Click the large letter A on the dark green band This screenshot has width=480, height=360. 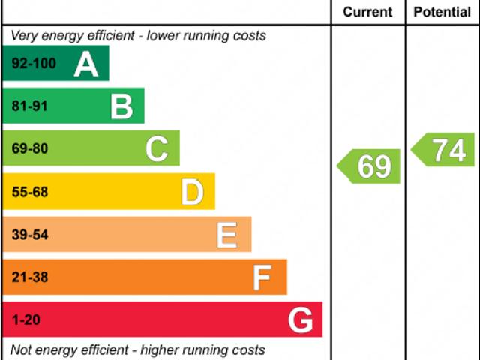(86, 64)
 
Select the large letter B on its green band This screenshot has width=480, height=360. (121, 106)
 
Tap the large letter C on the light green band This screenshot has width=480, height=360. (157, 149)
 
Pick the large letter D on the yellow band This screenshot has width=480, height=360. (192, 193)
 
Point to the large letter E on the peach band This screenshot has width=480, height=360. (227, 235)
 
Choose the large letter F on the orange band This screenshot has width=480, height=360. (262, 278)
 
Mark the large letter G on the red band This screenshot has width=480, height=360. (300, 321)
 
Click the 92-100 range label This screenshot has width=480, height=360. (34, 64)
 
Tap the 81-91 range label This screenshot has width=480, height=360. (30, 106)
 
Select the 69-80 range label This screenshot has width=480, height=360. (30, 149)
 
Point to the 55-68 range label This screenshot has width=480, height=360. (30, 193)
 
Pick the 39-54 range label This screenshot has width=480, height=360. (30, 235)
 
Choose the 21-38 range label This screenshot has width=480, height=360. (30, 278)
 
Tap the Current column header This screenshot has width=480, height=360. (367, 12)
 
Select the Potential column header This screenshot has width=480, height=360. (442, 12)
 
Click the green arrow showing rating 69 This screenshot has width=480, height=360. (370, 166)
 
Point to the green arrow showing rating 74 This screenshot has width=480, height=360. (445, 150)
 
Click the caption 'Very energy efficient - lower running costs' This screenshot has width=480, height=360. (138, 35)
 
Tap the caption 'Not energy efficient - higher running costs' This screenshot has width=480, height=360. (137, 350)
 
